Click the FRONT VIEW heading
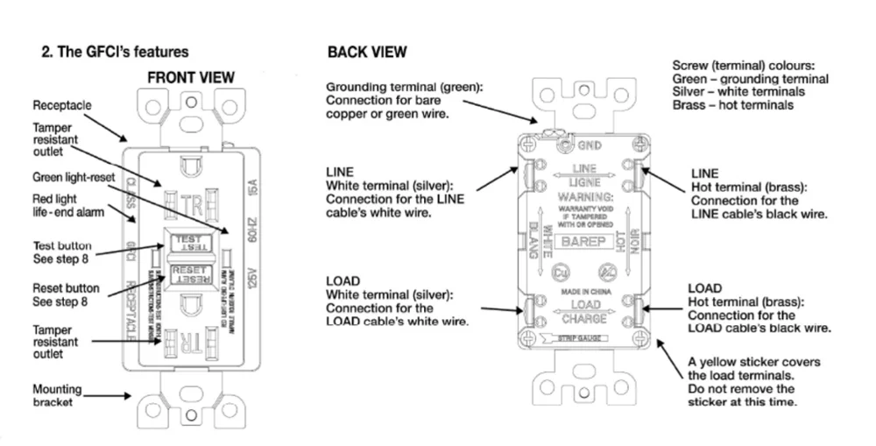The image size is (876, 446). tap(191, 77)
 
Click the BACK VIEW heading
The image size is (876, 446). tap(367, 53)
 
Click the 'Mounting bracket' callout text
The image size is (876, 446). tap(57, 395)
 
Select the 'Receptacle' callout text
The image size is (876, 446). tap(61, 105)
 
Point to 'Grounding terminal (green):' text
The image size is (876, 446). tap(404, 88)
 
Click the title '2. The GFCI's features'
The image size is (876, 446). tap(115, 53)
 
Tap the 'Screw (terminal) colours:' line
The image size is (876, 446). tap(743, 66)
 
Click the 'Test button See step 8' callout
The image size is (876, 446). tap(62, 252)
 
